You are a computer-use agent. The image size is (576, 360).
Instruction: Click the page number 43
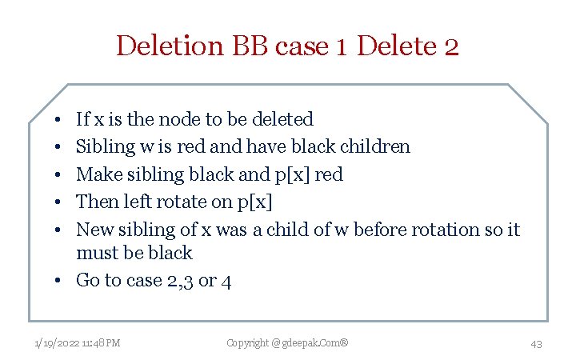pyautogui.click(x=536, y=344)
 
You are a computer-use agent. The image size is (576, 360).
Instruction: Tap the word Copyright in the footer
pyautogui.click(x=248, y=343)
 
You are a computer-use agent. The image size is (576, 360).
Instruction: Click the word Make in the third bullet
pyautogui.click(x=94, y=174)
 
